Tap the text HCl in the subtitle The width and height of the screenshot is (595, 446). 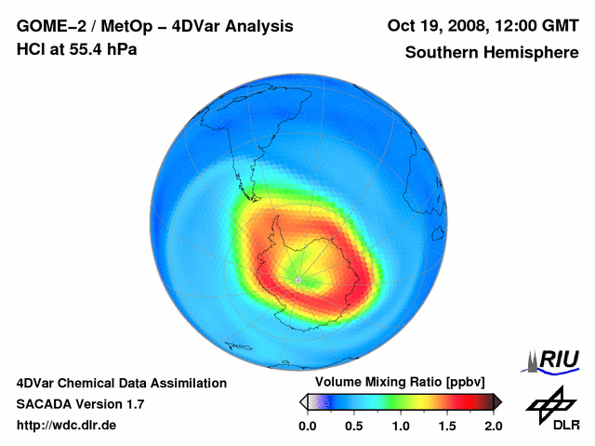tap(30, 48)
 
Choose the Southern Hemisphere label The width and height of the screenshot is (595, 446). tap(491, 53)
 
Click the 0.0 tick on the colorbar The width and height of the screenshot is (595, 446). tap(307, 426)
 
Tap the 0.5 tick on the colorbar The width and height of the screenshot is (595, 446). tap(353, 426)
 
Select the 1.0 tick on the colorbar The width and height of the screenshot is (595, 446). tap(400, 426)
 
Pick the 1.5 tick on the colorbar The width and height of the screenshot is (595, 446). tap(446, 426)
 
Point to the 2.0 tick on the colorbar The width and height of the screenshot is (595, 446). tap(493, 426)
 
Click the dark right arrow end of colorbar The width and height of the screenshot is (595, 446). tap(497, 401)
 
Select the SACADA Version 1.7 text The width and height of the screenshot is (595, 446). tap(80, 404)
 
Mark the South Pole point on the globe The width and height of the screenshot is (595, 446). tap(297, 279)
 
